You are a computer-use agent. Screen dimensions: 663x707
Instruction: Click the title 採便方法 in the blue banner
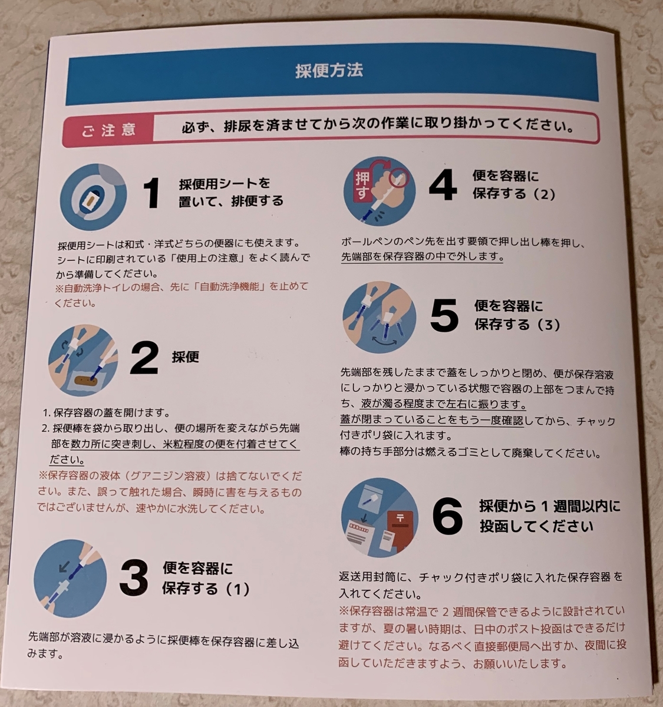329,70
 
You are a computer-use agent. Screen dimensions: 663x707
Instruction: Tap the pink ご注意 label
108,130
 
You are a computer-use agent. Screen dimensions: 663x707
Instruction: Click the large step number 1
152,193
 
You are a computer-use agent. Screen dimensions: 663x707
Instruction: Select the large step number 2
144,358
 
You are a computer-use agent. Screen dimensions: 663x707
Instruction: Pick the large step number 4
443,185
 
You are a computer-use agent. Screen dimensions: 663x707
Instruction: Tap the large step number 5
444,315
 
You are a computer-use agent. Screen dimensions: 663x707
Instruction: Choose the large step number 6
447,516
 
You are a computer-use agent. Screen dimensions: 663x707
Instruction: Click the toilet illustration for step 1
93,197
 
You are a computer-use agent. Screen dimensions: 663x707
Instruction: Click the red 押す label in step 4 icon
362,186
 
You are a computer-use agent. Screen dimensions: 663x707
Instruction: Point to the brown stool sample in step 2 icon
86,381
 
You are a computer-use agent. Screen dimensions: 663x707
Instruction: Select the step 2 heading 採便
185,356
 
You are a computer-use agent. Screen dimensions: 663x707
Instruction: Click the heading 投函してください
536,526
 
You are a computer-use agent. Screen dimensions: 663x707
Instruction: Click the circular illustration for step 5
379,317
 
